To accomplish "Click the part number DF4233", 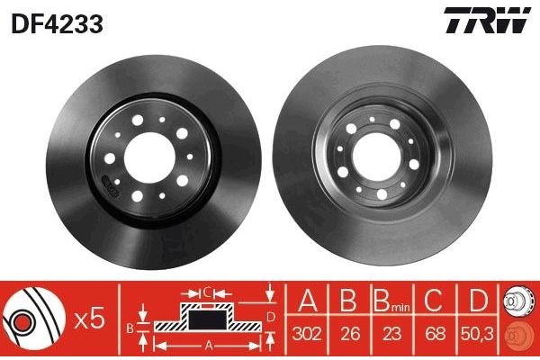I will pos(56,24).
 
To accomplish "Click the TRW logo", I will pos(486,21).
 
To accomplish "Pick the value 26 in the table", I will pos(351,331).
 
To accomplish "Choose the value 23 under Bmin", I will pos(392,331).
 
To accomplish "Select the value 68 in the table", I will pos(435,331).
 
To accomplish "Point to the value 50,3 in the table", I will pos(478,331).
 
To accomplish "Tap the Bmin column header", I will pos(392,299).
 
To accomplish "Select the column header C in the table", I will pos(435,299).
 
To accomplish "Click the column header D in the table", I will pos(478,299).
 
